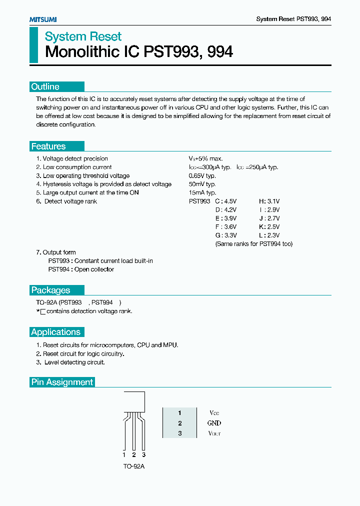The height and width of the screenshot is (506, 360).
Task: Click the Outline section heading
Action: [x=45, y=86]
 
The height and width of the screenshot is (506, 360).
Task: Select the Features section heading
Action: [x=48, y=146]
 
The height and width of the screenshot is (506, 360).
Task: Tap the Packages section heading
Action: [x=50, y=290]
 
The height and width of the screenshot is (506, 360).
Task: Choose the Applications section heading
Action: [x=55, y=332]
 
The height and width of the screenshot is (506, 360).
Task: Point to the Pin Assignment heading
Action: [x=62, y=382]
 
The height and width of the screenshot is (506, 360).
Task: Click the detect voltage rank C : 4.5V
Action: [x=225, y=201]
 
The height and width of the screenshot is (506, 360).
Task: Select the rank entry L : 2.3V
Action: [x=269, y=235]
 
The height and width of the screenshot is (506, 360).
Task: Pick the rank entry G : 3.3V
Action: [x=225, y=235]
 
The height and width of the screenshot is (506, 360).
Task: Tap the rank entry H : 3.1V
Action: [x=269, y=201]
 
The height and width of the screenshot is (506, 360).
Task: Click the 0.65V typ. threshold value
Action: [x=202, y=176]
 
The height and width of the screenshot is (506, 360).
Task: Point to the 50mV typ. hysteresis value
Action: [x=202, y=184]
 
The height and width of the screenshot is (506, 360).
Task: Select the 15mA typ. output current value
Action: [x=202, y=193]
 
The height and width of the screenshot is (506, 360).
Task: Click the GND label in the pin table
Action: [x=214, y=423]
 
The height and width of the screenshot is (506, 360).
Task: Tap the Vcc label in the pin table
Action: [x=214, y=413]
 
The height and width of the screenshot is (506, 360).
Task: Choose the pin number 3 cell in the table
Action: [x=180, y=433]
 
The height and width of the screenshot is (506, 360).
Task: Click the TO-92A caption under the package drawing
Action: [x=133, y=466]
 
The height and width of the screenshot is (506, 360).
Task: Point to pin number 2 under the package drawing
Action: [x=133, y=455]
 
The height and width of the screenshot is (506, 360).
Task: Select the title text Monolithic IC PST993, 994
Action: [x=139, y=52]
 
